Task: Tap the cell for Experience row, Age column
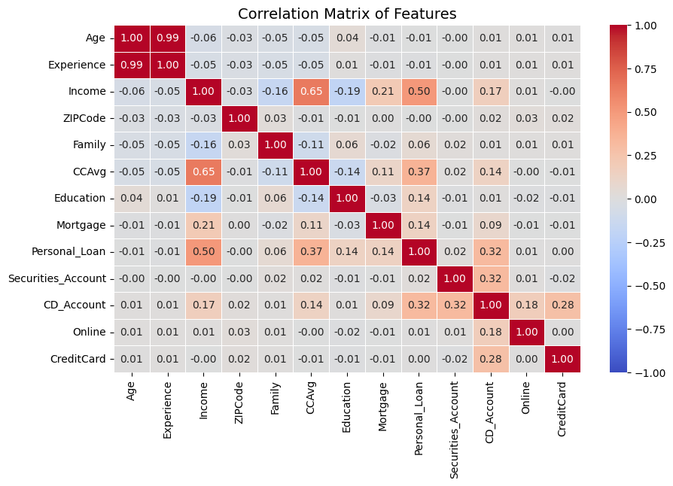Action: click(x=132, y=64)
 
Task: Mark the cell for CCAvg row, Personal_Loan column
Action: click(x=419, y=172)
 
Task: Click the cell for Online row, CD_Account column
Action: click(x=490, y=333)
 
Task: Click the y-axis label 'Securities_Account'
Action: click(x=56, y=279)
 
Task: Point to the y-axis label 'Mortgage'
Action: click(x=84, y=225)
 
